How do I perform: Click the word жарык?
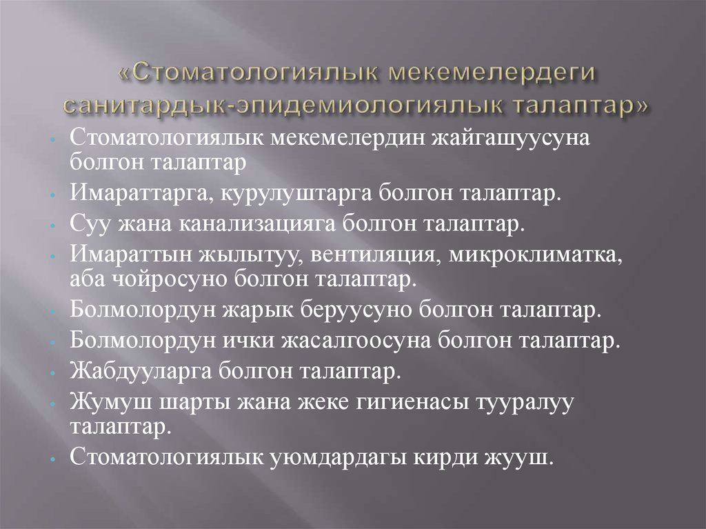(x=258, y=310)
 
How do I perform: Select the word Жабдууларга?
(x=140, y=372)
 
